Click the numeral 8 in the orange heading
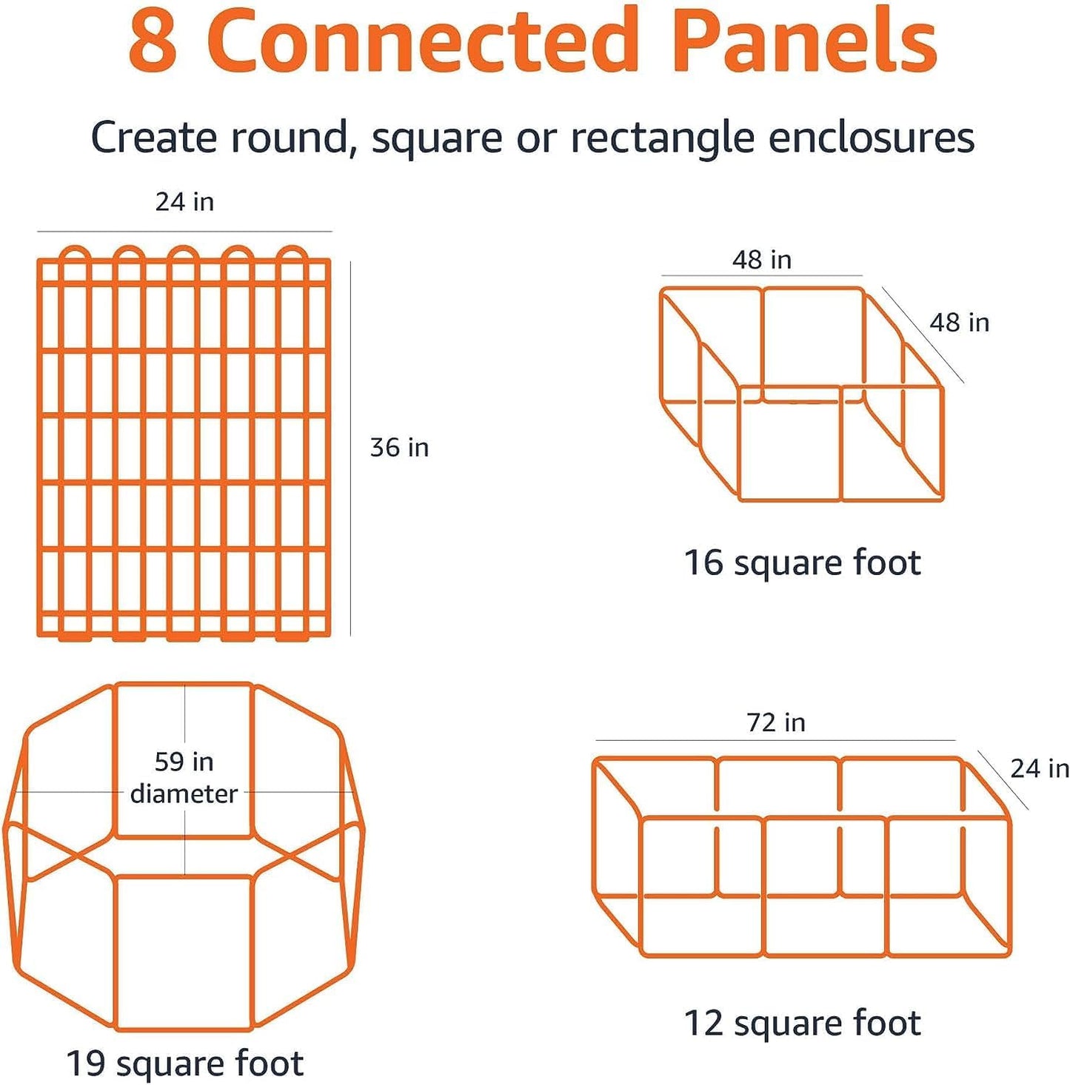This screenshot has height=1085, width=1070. pyautogui.click(x=153, y=42)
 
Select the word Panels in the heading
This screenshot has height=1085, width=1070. pyautogui.click(x=804, y=41)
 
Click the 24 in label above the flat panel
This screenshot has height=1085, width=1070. pyautogui.click(x=184, y=202)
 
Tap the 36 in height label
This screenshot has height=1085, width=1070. pyautogui.click(x=399, y=448)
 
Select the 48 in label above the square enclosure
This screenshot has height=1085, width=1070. pyautogui.click(x=762, y=260)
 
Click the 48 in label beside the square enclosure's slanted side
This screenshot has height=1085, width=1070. pyautogui.click(x=959, y=323)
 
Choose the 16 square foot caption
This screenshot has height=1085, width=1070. pyautogui.click(x=802, y=562)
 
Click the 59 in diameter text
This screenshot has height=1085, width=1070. pyautogui.click(x=184, y=778)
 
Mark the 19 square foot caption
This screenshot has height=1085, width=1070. pyautogui.click(x=184, y=1064)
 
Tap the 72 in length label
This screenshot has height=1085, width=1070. pyautogui.click(x=775, y=722)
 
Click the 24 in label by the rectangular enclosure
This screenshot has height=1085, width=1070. pyautogui.click(x=1039, y=769)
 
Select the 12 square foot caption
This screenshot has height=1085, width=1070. pyautogui.click(x=802, y=1024)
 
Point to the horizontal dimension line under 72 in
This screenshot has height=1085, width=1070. pyautogui.click(x=775, y=739)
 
